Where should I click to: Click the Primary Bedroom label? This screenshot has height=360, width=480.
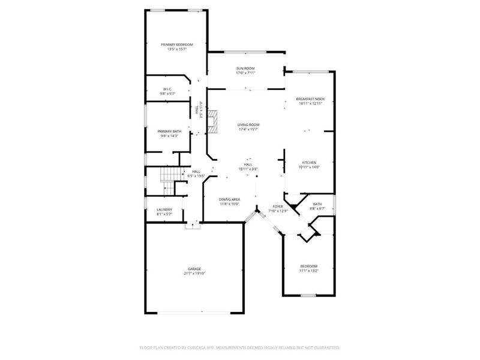click(x=176, y=45)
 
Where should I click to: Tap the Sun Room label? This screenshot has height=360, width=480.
click(x=245, y=69)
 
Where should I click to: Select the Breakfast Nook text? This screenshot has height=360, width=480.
click(x=310, y=99)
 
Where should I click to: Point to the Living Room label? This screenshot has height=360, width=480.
click(x=248, y=125)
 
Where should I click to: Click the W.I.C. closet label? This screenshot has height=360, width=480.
click(x=167, y=89)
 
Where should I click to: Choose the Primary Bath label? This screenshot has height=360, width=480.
click(x=169, y=131)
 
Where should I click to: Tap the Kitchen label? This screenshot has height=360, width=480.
click(x=309, y=163)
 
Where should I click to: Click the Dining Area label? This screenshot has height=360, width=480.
click(x=229, y=199)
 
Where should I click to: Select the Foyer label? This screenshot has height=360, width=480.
click(x=277, y=206)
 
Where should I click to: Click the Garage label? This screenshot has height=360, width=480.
click(x=194, y=269)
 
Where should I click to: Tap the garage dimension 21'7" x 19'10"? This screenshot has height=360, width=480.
click(x=194, y=274)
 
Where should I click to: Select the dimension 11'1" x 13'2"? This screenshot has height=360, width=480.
click(x=309, y=271)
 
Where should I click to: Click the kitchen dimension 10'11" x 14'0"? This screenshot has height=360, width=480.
click(x=309, y=167)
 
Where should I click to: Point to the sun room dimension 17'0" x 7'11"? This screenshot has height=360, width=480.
click(x=245, y=74)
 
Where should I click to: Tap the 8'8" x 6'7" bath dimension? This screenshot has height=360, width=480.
click(x=316, y=209)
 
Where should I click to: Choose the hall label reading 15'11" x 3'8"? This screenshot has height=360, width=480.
click(x=248, y=169)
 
